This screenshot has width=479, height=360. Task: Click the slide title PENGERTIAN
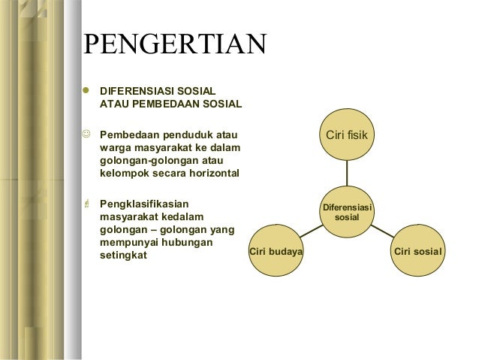[x=173, y=44]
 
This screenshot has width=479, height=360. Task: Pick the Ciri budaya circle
[x=276, y=251]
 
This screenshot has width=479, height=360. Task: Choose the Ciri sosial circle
[x=417, y=251]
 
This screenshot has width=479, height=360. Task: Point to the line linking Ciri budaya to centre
[x=311, y=232]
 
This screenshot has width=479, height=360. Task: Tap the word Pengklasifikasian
[x=144, y=203]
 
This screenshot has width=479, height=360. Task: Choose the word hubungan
[x=187, y=243]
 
